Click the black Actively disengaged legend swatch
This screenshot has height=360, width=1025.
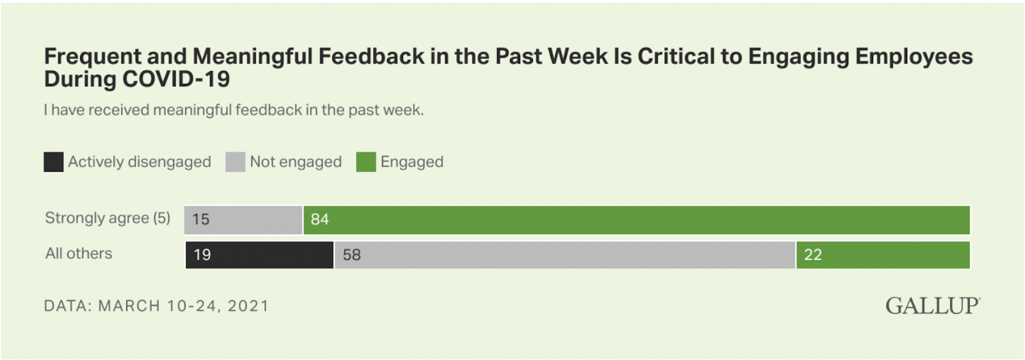pyautogui.click(x=53, y=162)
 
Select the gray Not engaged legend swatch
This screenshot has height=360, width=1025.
pyautogui.click(x=235, y=162)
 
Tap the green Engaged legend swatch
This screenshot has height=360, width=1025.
pyautogui.click(x=366, y=162)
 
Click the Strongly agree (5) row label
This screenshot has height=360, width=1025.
pyautogui.click(x=108, y=218)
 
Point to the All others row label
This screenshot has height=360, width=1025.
pyautogui.click(x=79, y=254)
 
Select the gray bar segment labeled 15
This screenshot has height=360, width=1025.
pyautogui.click(x=243, y=220)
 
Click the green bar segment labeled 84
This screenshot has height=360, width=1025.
pyautogui.click(x=636, y=220)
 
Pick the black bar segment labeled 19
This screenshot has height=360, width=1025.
pyautogui.click(x=259, y=255)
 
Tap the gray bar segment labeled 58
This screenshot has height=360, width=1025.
pyautogui.click(x=564, y=255)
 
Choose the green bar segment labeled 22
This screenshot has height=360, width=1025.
pyautogui.click(x=883, y=255)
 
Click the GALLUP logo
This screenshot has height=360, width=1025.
pyautogui.click(x=932, y=306)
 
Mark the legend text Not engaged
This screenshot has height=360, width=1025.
pyautogui.click(x=295, y=162)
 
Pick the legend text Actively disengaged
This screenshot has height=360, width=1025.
pyautogui.click(x=140, y=162)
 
